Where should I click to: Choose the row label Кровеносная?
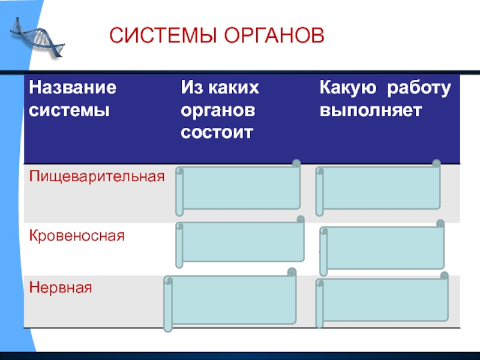pos(77,236)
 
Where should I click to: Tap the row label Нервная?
pos(61,287)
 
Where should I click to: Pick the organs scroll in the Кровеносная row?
pos(240,244)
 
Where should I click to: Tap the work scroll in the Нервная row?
pos(382,301)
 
